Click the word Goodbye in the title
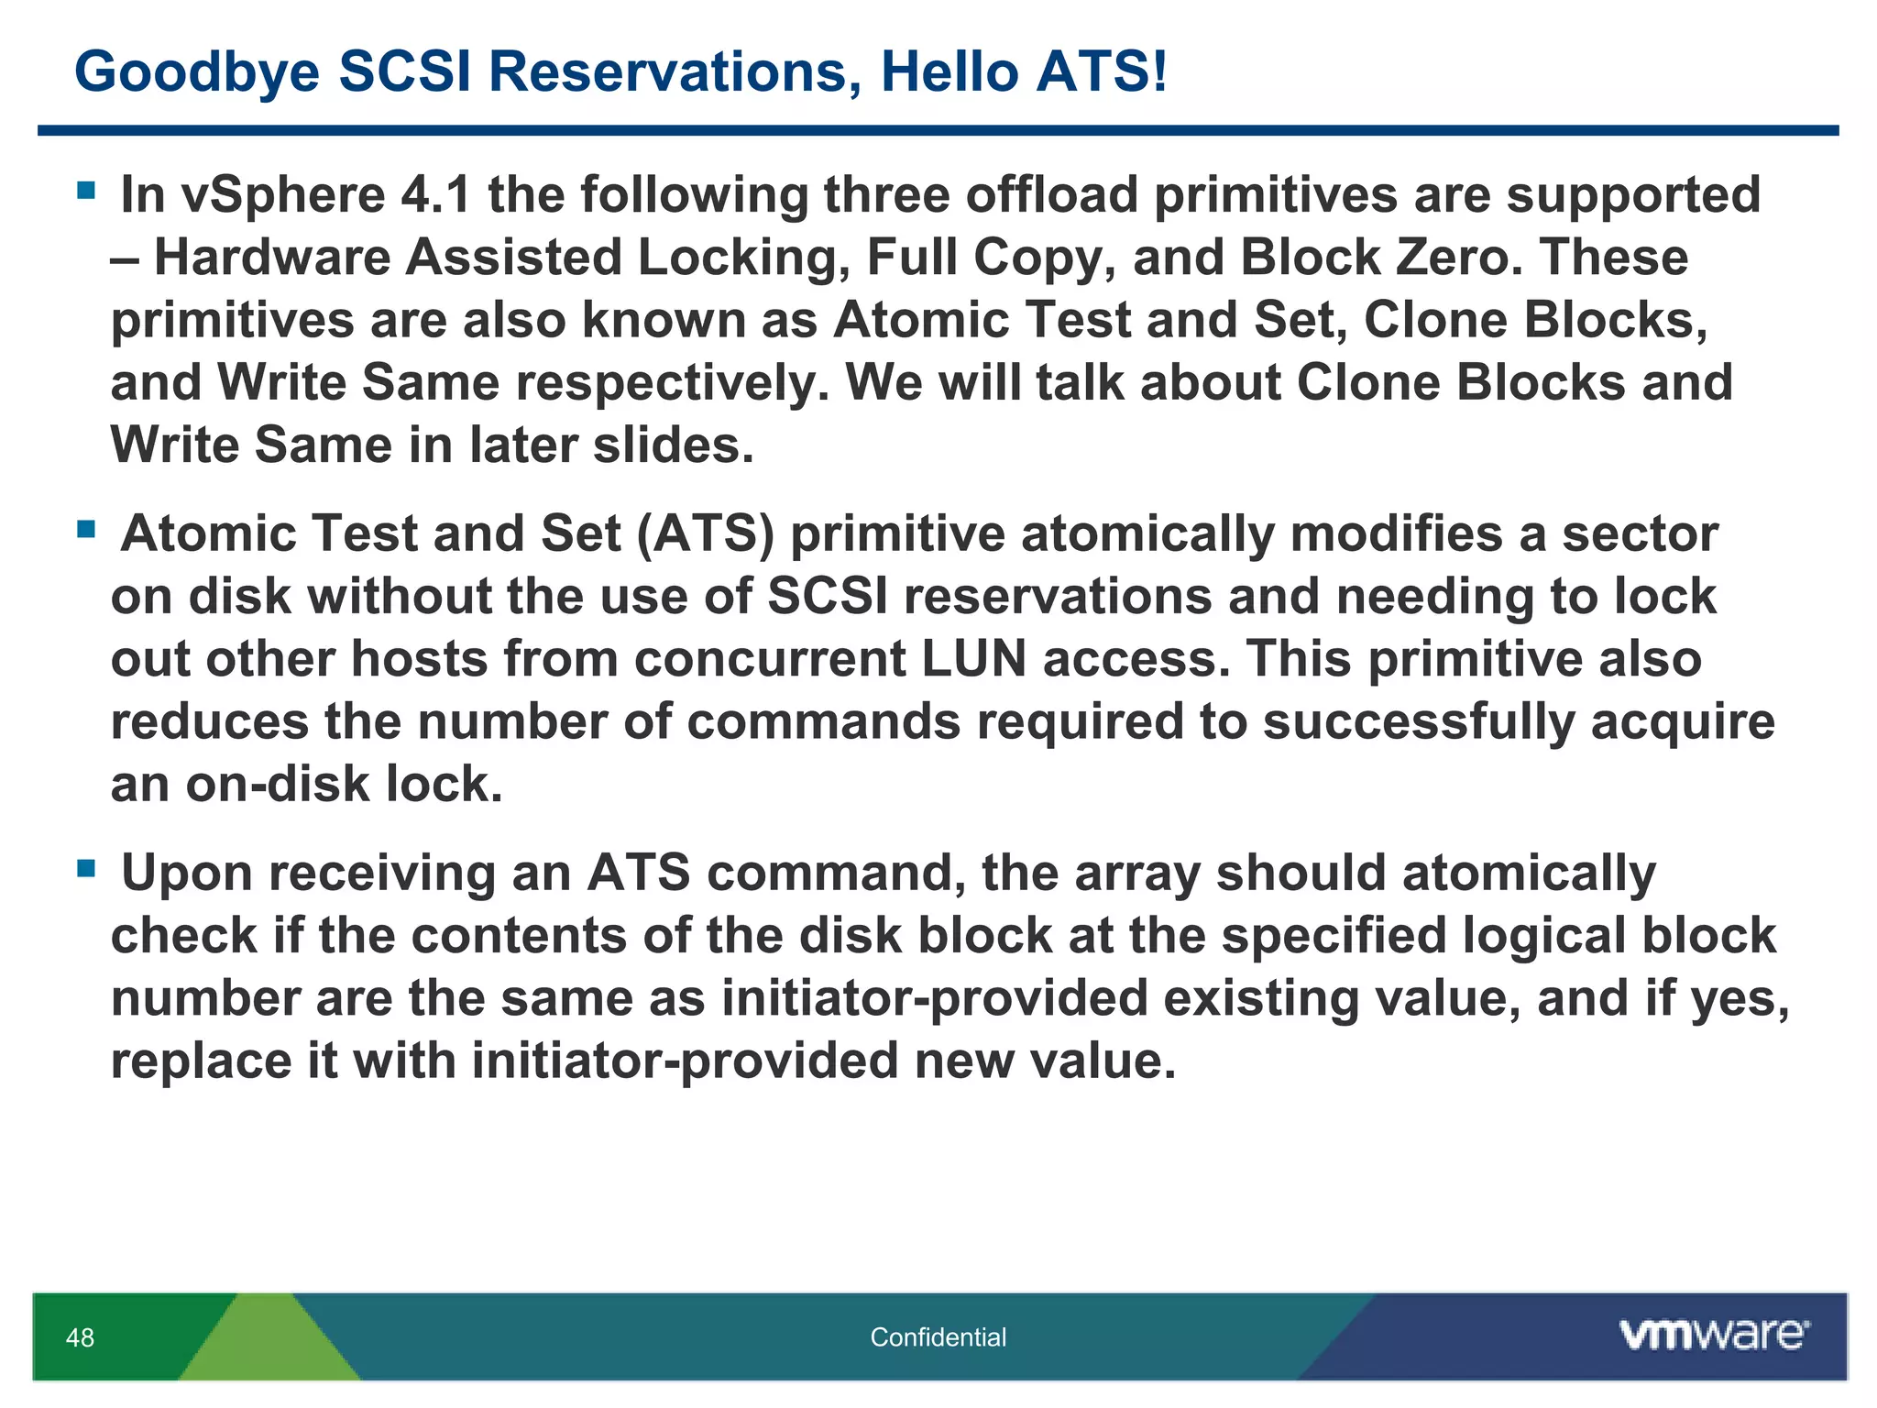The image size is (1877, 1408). pyautogui.click(x=197, y=71)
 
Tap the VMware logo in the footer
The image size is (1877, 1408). pyautogui.click(x=1713, y=1335)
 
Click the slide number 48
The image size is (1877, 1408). pyautogui.click(x=80, y=1337)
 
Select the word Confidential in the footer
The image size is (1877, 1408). pyautogui.click(x=938, y=1337)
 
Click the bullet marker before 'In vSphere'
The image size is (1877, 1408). pyautogui.click(x=87, y=192)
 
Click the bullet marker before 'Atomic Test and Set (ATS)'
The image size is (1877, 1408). pyautogui.click(x=87, y=530)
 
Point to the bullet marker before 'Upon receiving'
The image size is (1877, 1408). pyautogui.click(x=87, y=868)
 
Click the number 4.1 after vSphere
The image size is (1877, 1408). pyautogui.click(x=436, y=195)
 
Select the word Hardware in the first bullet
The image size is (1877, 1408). pyautogui.click(x=272, y=258)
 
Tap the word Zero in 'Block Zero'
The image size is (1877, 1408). pyautogui.click(x=1453, y=258)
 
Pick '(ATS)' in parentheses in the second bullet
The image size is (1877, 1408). pyautogui.click(x=706, y=534)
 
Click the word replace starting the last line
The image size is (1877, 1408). pyautogui.click(x=201, y=1061)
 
